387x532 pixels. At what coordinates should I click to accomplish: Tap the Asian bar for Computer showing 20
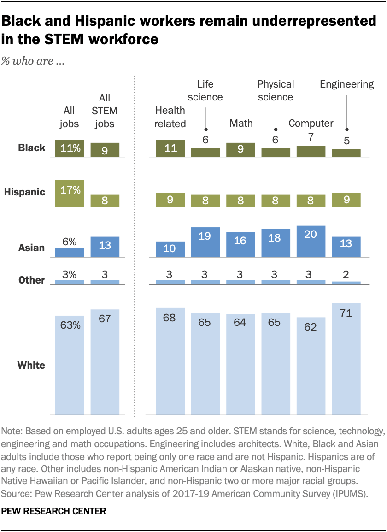coord(311,241)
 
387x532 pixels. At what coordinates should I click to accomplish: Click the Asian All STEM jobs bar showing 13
coord(105,246)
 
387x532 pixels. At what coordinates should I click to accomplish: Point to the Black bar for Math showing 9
coord(240,150)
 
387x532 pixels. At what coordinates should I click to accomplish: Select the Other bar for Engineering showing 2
coord(346,283)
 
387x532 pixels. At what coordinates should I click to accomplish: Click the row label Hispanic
coord(25,192)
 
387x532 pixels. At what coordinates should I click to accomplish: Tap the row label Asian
coord(31,248)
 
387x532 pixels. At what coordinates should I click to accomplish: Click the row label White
coord(31,366)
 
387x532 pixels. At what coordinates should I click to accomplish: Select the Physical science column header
coord(276,90)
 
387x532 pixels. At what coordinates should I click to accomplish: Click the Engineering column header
coord(346,84)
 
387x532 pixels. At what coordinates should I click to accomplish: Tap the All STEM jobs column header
coord(105,111)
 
